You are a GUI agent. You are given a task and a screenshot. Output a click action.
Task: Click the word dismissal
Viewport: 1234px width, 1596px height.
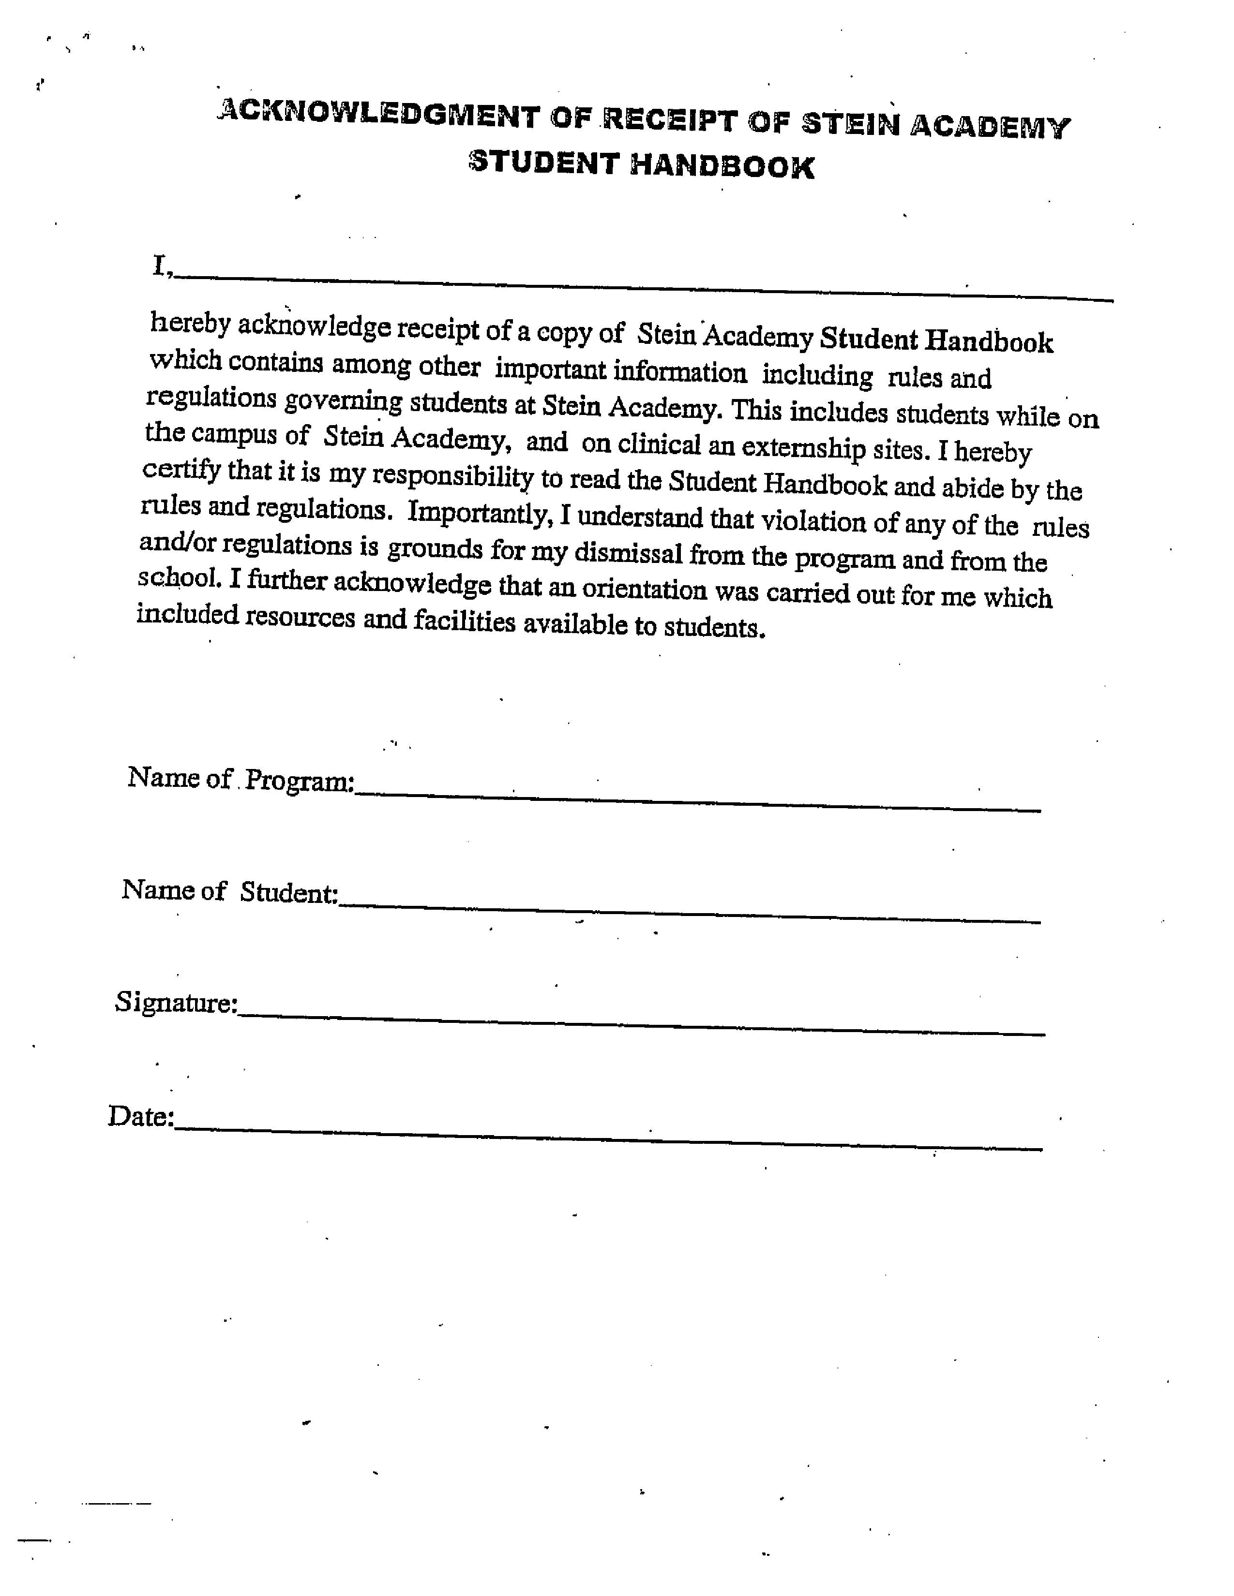[628, 553]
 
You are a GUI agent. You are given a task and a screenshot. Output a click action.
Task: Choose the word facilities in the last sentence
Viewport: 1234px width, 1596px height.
[464, 621]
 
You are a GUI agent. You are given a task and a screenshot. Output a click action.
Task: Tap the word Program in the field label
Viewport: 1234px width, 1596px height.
[300, 781]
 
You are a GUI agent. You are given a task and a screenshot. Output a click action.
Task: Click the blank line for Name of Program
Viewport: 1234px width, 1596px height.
[698, 801]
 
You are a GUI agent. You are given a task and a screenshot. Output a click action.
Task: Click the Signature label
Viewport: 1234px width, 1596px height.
[176, 1003]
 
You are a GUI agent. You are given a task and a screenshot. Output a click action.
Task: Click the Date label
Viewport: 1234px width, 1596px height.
[140, 1116]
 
